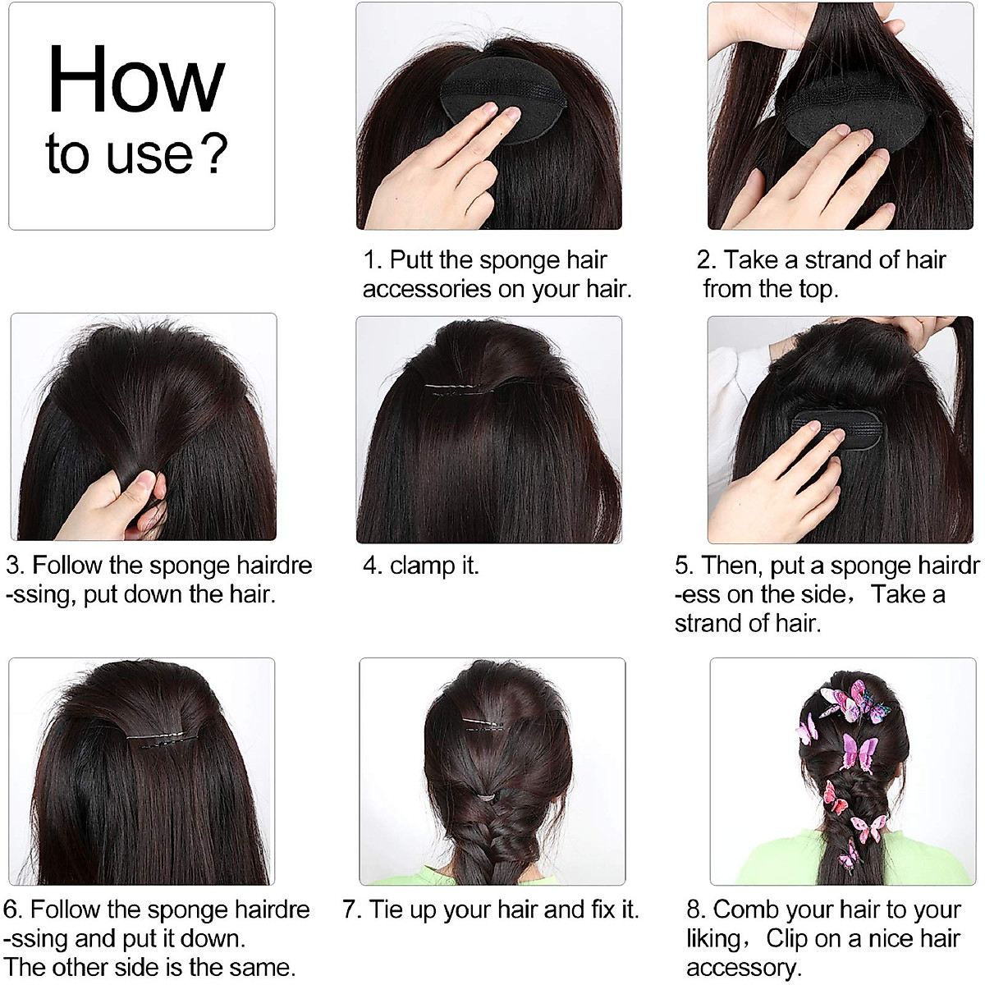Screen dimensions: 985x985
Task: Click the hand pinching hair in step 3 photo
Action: pos(123,501)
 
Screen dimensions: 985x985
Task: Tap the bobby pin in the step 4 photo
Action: pos(464,387)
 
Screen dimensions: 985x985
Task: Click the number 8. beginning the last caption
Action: pos(696,909)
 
